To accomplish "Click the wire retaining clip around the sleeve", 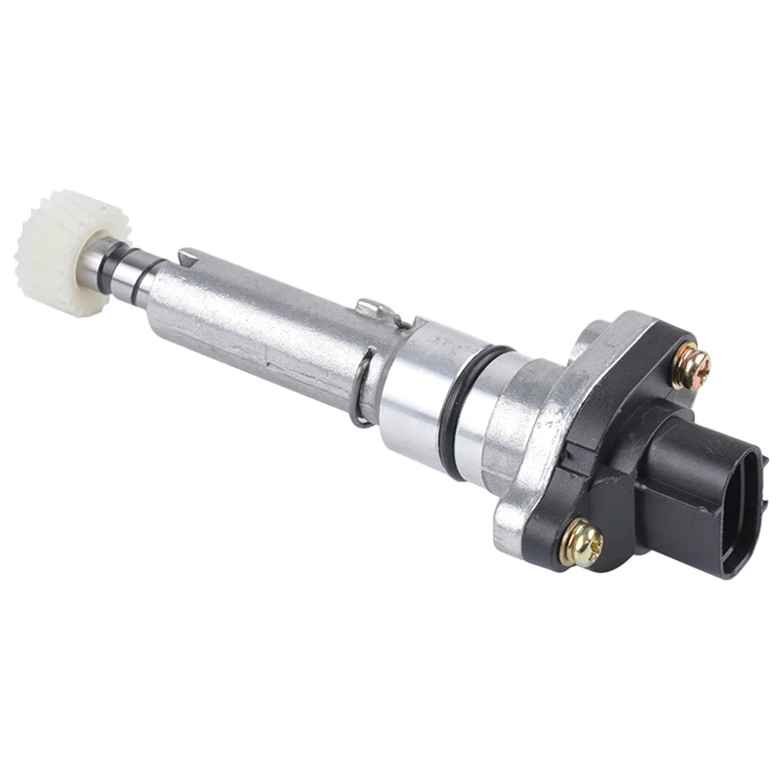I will (362, 390).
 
